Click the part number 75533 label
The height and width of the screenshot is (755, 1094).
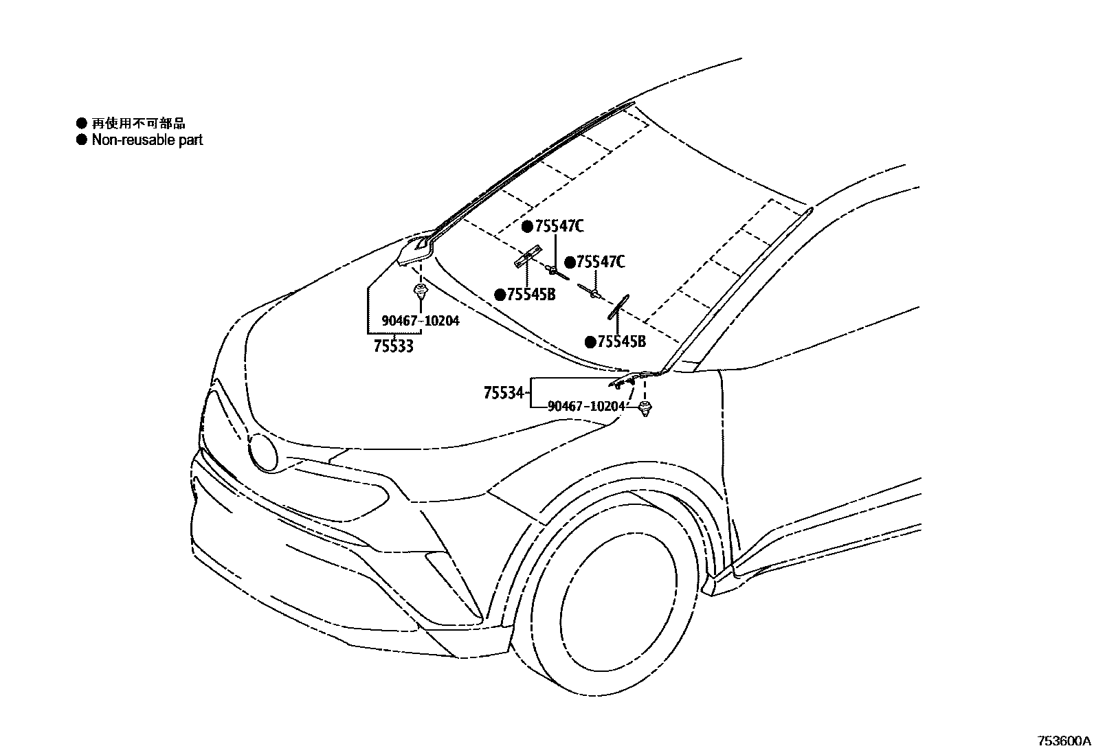(394, 346)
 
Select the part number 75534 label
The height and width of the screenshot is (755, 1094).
(504, 394)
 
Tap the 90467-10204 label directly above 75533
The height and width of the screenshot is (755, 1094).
(421, 320)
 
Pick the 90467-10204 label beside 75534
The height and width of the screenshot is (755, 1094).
(586, 406)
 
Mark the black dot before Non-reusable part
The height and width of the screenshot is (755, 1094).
(82, 140)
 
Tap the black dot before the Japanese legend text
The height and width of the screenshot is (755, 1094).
(82, 124)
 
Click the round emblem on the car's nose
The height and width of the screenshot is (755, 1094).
(263, 452)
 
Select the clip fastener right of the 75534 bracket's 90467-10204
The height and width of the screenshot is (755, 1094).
(645, 409)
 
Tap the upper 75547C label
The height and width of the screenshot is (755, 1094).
(559, 227)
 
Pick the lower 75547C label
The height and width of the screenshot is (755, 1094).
(601, 262)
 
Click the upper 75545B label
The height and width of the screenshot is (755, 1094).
(531, 295)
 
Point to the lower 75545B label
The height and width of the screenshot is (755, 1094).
(621, 341)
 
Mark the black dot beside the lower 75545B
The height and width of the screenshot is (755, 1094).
(590, 341)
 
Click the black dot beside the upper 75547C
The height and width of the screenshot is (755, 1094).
(527, 227)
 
